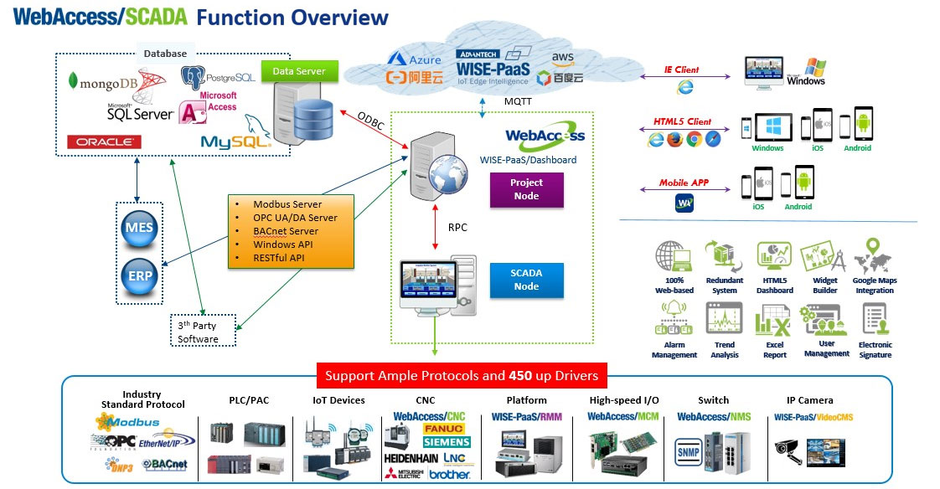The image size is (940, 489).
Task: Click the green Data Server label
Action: (299, 71)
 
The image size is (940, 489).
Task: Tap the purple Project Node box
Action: (526, 189)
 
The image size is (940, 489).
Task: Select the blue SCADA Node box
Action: (526, 280)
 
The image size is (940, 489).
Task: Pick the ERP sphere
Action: (140, 275)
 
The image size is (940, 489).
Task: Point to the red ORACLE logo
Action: (104, 142)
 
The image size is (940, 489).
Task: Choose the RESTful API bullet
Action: (280, 258)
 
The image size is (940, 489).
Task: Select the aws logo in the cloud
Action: (562, 57)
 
